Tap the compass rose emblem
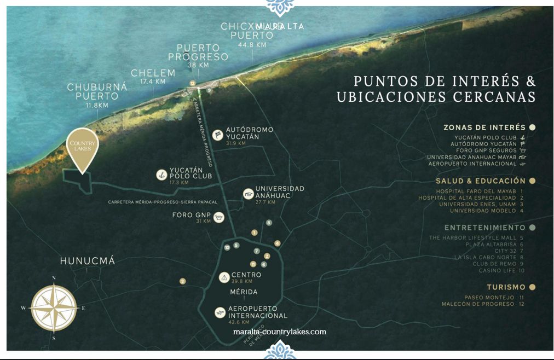click(x=54, y=308)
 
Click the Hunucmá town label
click(x=88, y=261)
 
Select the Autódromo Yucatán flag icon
click(x=217, y=135)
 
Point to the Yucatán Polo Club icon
click(x=161, y=175)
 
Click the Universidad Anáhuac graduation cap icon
click(x=248, y=194)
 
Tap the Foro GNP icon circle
click(x=219, y=217)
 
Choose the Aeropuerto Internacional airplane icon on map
click(x=220, y=312)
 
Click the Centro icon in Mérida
click(x=223, y=277)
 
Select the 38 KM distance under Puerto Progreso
click(x=198, y=65)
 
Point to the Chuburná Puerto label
click(x=97, y=91)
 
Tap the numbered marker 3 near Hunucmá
click(x=182, y=281)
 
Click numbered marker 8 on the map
click(x=268, y=223)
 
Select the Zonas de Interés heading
click(x=484, y=127)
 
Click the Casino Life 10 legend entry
click(x=501, y=270)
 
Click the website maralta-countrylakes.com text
click(x=279, y=332)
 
